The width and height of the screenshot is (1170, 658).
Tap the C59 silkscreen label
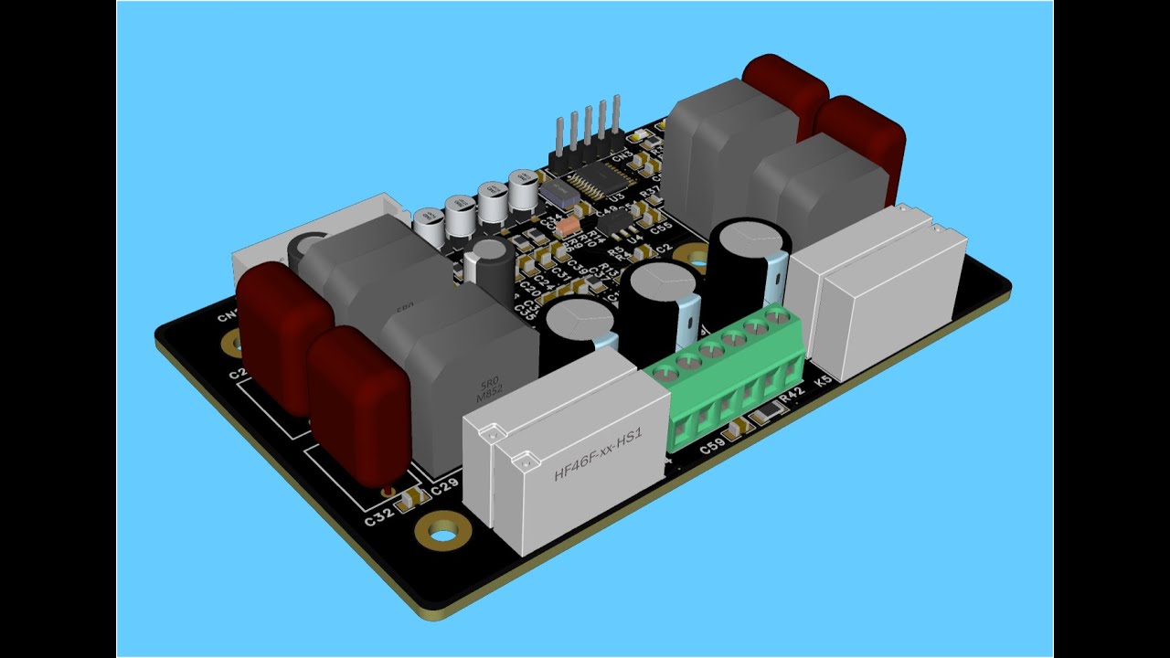[x=712, y=448]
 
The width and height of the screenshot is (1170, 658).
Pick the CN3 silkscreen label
[x=622, y=157]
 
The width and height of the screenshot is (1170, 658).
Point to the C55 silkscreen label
[x=661, y=226]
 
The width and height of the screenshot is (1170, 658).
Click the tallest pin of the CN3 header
[x=617, y=119]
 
